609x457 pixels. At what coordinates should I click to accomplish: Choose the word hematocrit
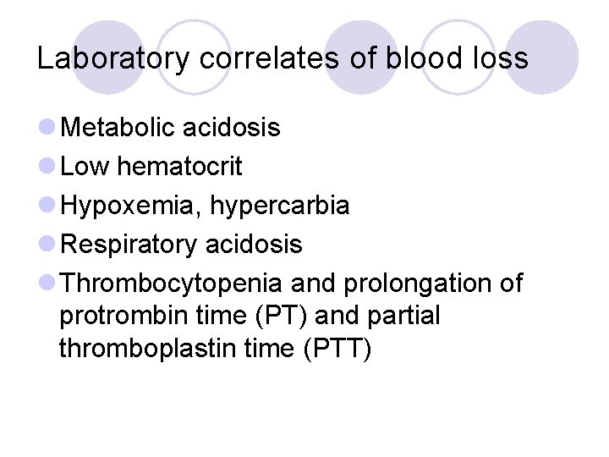point(179,167)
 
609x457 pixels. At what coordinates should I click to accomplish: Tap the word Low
point(85,167)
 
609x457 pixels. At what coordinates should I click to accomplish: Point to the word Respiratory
point(129,245)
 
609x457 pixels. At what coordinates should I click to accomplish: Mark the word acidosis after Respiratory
point(253,245)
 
